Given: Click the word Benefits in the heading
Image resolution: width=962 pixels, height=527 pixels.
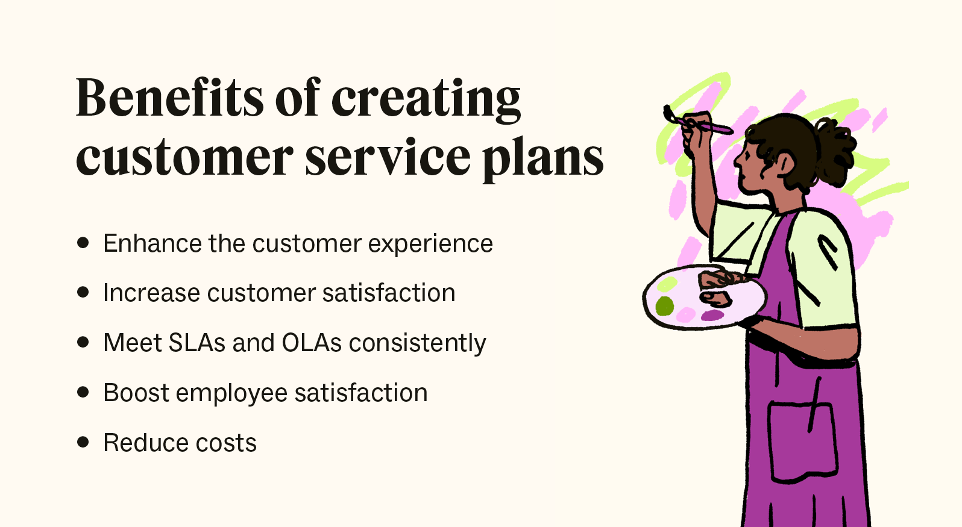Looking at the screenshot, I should point(169,98).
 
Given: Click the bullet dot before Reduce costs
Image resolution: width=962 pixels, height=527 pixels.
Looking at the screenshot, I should point(83,442).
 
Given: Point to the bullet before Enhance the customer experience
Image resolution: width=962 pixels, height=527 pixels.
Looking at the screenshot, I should point(83,243).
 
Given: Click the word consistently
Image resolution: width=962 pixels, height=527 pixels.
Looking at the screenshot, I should point(417,343).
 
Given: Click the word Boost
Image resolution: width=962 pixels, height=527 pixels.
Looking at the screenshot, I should point(136,393).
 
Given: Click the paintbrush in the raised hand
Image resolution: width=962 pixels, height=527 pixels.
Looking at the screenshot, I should point(699,122).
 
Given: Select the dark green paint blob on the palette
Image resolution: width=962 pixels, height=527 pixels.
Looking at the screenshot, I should point(664,306).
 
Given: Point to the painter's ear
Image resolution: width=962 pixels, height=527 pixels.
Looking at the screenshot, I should point(785,163).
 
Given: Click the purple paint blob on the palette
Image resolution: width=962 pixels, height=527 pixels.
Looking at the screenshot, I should point(712,315).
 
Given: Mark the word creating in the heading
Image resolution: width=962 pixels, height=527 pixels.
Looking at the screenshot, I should point(426,98).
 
